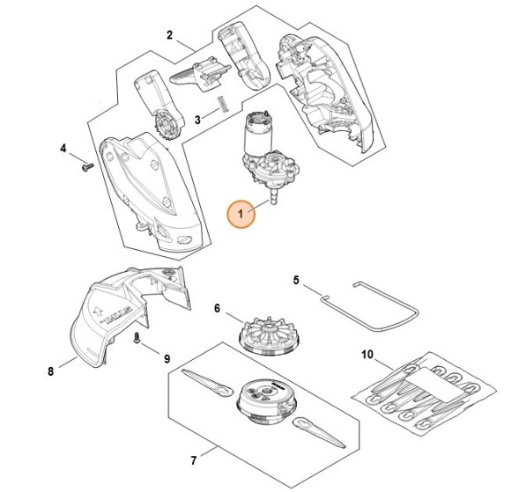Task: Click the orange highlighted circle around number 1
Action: pos(241,214)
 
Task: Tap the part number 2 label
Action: pos(169,35)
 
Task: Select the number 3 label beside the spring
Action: pos(197,120)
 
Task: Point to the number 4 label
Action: pos(63,149)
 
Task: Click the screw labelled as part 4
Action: pos(88,166)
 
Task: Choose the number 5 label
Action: pos(296,280)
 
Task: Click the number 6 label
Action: pos(218,308)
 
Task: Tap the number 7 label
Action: pos(194,460)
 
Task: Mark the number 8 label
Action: pos(50,371)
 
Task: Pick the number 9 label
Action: pos(167,359)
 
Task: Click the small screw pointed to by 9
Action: pos(137,338)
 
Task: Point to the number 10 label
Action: pos(367,355)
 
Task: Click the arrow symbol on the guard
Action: pos(98,310)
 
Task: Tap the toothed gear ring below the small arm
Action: pos(167,126)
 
